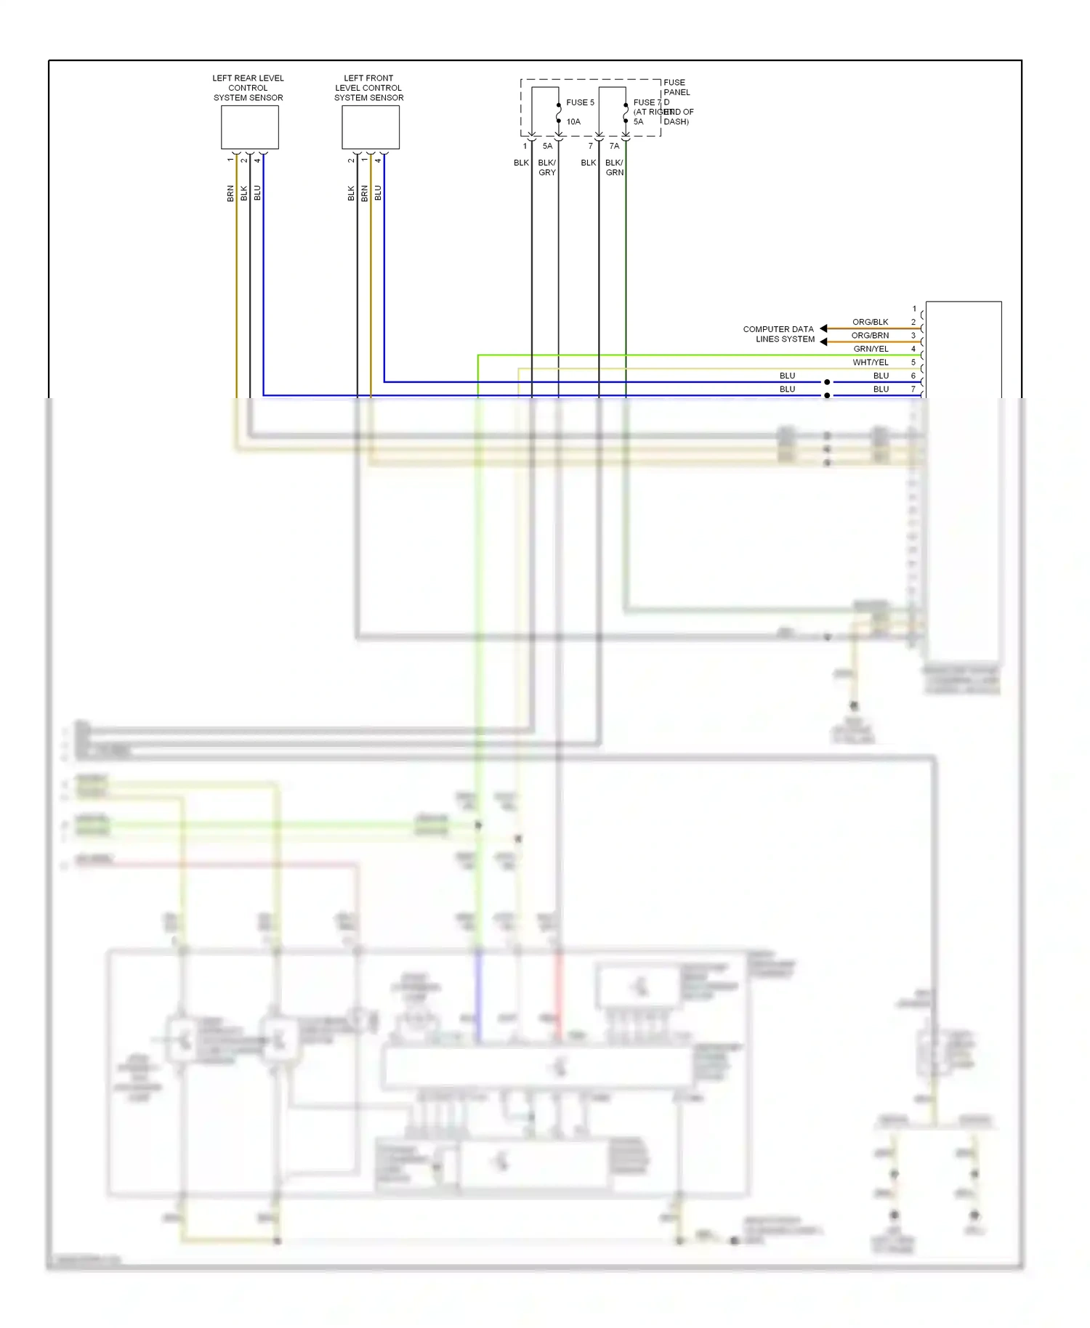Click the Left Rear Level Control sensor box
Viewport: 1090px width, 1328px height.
[x=249, y=127]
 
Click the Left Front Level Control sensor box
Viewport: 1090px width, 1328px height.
[x=370, y=127]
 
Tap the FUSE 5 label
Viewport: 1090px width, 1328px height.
[x=580, y=102]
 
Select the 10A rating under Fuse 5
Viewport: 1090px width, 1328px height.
[x=573, y=122]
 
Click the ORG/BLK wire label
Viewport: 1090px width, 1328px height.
[x=870, y=322]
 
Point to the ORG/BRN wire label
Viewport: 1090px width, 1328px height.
[x=870, y=336]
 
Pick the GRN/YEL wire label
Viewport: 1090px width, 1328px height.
[x=871, y=349]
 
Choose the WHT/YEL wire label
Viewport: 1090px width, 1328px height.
[x=871, y=363]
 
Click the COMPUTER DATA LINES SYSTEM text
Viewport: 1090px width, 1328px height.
[x=778, y=334]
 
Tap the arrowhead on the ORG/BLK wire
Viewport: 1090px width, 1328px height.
[x=824, y=328]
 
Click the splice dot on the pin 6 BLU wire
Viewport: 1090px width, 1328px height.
[x=827, y=382]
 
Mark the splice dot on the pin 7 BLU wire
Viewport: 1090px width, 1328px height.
[x=827, y=395]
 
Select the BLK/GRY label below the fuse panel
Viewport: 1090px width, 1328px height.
[x=546, y=168]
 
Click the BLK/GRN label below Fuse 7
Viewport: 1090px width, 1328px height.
[x=614, y=168]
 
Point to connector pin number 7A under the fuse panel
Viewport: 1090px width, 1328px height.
[x=614, y=146]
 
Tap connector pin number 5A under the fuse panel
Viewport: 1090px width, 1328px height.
[x=547, y=146]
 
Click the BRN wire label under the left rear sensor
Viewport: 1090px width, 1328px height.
[x=230, y=193]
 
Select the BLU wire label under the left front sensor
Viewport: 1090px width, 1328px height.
[x=378, y=193]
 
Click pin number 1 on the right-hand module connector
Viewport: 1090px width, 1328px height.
[x=914, y=309]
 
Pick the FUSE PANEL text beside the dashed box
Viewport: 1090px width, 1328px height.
[x=676, y=87]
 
